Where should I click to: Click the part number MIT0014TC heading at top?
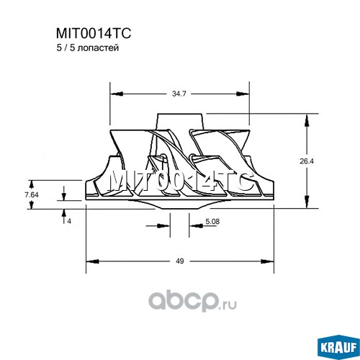94,33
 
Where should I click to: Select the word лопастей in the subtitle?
99,48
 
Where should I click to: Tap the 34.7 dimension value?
179,94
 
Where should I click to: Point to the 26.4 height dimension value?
307,161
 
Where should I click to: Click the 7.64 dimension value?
32,195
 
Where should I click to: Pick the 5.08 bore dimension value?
212,221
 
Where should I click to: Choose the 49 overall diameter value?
179,261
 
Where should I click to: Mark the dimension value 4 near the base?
69,221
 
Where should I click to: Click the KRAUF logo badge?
338,347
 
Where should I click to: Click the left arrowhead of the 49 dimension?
92,261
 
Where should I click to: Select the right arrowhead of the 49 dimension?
267,261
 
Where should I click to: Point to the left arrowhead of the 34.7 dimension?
117,94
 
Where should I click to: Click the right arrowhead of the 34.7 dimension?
243,94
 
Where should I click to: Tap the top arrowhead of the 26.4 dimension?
307,121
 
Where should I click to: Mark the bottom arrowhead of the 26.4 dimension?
307,202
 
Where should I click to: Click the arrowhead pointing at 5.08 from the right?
196,226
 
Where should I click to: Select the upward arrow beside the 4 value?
64,216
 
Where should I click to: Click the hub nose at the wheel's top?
180,122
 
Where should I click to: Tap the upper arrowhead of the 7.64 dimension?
31,185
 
